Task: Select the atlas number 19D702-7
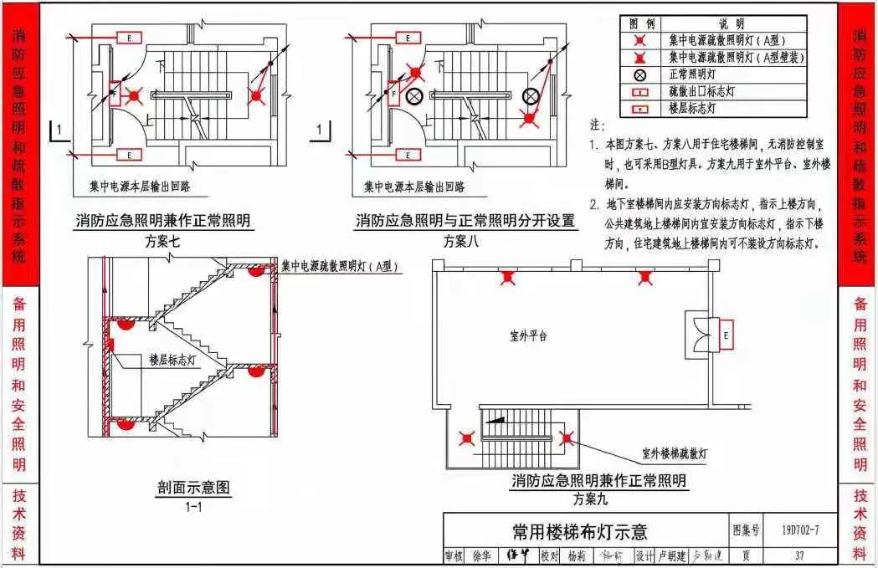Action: (x=799, y=530)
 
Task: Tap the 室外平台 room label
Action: (x=528, y=336)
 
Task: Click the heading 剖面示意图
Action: (x=193, y=487)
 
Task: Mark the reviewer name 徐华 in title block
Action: (x=482, y=555)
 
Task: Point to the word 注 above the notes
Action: (x=597, y=125)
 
